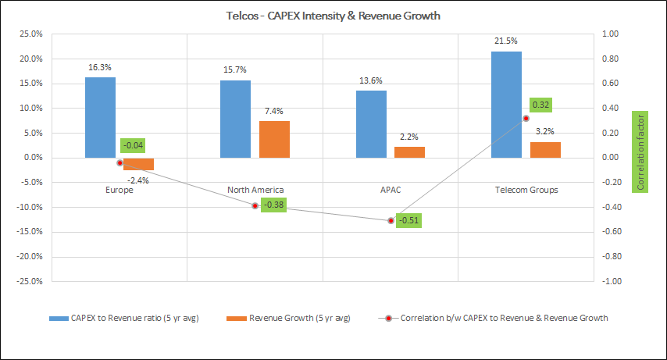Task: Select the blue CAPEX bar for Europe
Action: click(100, 117)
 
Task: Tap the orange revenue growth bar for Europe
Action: click(139, 164)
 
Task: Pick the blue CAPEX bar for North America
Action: click(235, 119)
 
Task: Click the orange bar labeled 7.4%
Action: click(274, 139)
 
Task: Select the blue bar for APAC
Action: click(371, 124)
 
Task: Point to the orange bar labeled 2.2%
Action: click(409, 152)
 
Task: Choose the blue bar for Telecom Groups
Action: click(506, 105)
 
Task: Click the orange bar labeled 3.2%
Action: click(545, 150)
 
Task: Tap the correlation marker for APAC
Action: click(391, 221)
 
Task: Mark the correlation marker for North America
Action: click(255, 205)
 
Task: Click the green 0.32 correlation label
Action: click(541, 104)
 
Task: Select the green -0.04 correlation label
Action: click(133, 145)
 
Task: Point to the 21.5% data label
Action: click(506, 40)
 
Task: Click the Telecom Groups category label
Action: click(526, 190)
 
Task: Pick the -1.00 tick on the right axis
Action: click(612, 281)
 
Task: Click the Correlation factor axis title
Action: click(641, 151)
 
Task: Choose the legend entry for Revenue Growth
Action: click(289, 318)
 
